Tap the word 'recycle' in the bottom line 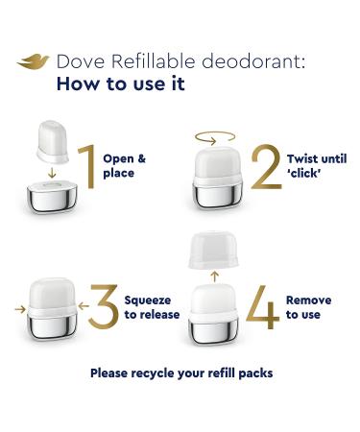coord(170,372)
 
